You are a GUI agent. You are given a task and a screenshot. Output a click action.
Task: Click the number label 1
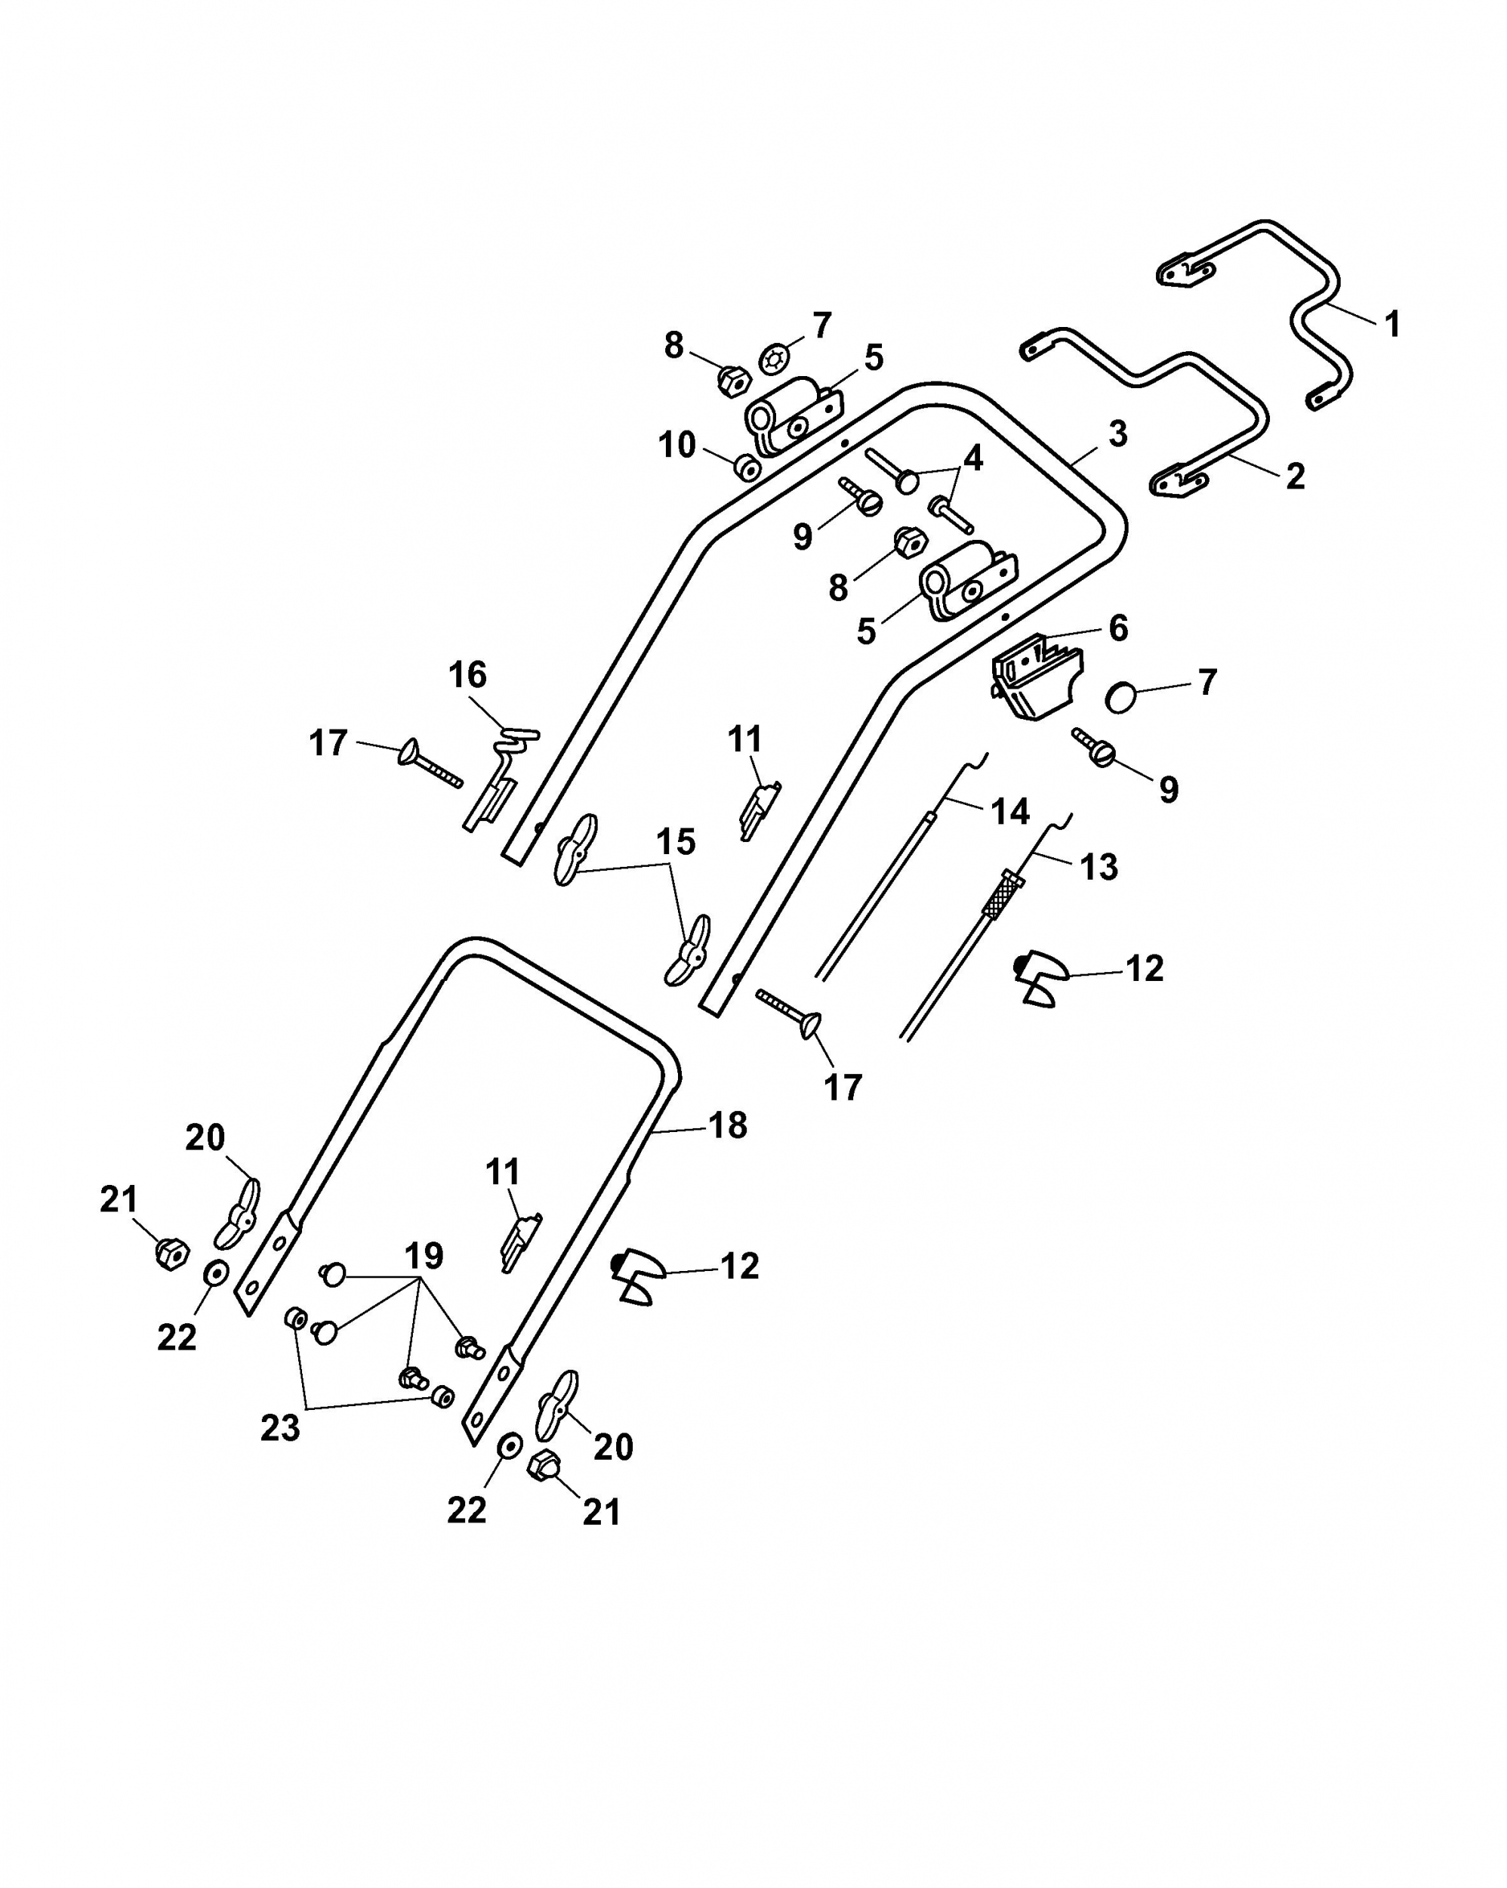(1392, 324)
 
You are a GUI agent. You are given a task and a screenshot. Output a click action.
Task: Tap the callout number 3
(1118, 433)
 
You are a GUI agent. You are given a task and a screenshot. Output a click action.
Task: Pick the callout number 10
(677, 445)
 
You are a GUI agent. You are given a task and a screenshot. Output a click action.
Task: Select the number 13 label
(1099, 867)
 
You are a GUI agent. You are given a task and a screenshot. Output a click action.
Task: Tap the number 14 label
(1009, 812)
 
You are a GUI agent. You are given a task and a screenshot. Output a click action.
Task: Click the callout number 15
(676, 841)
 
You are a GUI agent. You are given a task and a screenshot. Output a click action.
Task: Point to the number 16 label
(467, 675)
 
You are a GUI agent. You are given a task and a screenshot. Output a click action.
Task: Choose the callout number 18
(728, 1125)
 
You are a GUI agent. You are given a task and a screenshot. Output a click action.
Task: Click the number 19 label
(424, 1256)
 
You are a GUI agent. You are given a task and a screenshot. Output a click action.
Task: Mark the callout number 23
(280, 1428)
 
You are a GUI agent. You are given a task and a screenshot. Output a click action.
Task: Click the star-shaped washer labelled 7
(774, 358)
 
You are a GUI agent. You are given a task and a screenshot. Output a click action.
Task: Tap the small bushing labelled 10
(747, 467)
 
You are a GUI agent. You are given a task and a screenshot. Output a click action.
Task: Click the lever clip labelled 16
(500, 776)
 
